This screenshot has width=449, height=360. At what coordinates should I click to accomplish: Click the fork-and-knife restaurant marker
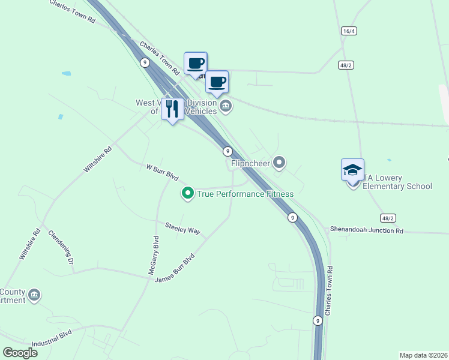tap(172, 109)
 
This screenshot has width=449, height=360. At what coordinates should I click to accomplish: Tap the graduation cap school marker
tap(352, 170)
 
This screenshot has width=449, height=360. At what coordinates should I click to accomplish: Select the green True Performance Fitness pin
tap(187, 193)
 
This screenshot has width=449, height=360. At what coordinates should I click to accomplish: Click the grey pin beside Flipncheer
tap(279, 162)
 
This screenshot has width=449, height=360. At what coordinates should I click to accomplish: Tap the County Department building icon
tap(35, 295)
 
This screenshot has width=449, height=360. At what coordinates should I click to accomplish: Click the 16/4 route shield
tap(348, 31)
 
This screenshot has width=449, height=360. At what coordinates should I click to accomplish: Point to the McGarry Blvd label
tap(154, 256)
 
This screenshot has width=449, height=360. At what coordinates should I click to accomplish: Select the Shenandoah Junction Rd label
tap(366, 230)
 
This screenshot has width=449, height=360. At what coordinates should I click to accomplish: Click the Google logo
tap(20, 353)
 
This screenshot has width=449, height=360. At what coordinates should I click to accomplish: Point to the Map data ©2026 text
tap(423, 355)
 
